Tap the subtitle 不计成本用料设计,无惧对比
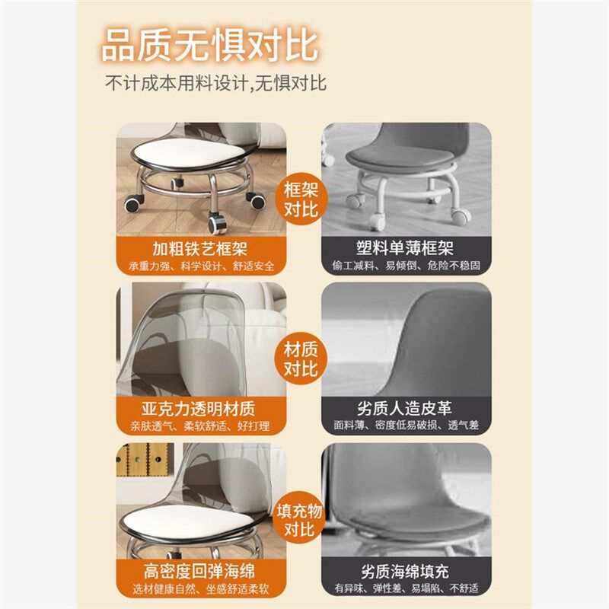pyautogui.click(x=216, y=82)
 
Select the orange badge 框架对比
pyautogui.click(x=301, y=199)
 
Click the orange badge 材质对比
pyautogui.click(x=301, y=359)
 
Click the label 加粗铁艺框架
pyautogui.click(x=201, y=248)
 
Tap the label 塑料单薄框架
pyautogui.click(x=406, y=248)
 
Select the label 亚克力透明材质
pyautogui.click(x=201, y=407)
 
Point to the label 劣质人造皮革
pyautogui.click(x=406, y=407)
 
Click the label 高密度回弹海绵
pyautogui.click(x=201, y=571)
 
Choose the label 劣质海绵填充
pyautogui.click(x=406, y=571)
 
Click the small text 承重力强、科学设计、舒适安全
pyautogui.click(x=201, y=266)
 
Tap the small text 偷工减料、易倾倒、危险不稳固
pyautogui.click(x=406, y=266)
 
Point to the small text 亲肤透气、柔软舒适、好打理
pyautogui.click(x=201, y=426)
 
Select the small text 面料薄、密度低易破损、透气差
pyautogui.click(x=406, y=426)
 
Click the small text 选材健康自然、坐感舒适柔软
pyautogui.click(x=201, y=588)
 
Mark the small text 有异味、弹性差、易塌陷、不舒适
pyautogui.click(x=406, y=588)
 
